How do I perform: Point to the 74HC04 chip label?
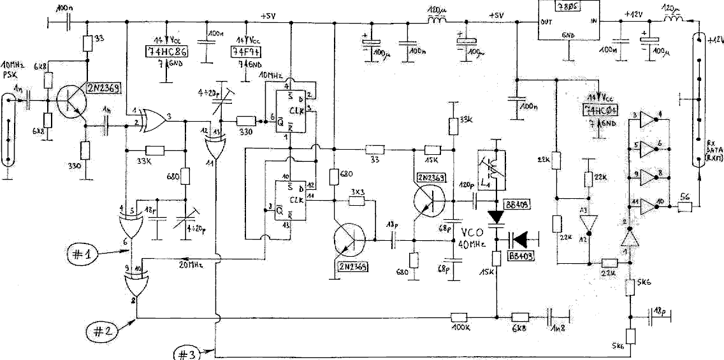tap(600, 110)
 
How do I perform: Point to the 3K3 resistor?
tap(356, 201)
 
